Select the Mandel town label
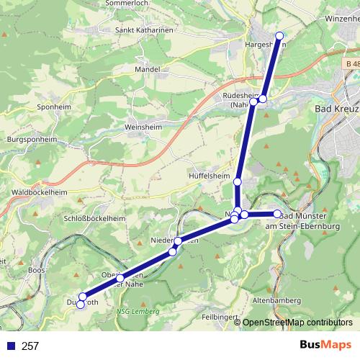(147, 70)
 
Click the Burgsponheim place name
(31, 138)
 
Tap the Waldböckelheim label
(29, 193)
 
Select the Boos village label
(36, 270)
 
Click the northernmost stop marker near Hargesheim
(279, 35)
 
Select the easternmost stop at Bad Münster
(277, 214)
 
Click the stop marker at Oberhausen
(120, 278)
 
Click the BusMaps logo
(325, 346)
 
